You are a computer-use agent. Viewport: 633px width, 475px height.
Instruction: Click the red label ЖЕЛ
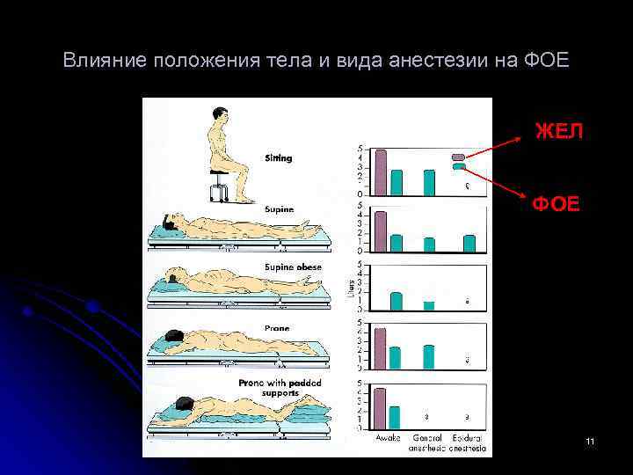click(558, 132)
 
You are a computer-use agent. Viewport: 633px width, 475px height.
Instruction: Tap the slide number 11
click(590, 439)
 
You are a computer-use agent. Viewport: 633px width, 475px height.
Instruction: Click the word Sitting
click(279, 158)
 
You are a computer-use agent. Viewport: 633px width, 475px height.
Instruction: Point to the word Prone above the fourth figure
click(276, 327)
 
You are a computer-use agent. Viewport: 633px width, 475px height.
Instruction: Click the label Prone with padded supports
click(280, 388)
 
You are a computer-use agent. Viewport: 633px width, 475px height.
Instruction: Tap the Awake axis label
click(389, 437)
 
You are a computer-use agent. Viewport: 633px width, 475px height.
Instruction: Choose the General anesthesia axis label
click(428, 442)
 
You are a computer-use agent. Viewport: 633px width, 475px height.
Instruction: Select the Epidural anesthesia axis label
click(468, 442)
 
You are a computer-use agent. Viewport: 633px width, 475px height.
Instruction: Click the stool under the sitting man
click(218, 186)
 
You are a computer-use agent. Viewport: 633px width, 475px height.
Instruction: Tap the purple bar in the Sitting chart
click(381, 172)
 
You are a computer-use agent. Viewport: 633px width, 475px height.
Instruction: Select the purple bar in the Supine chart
click(381, 231)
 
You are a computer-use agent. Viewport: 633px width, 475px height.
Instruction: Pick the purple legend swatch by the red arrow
click(458, 157)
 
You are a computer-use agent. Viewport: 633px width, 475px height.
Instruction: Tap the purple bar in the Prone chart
click(381, 348)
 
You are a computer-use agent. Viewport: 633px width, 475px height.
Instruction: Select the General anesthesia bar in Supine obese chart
click(429, 305)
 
